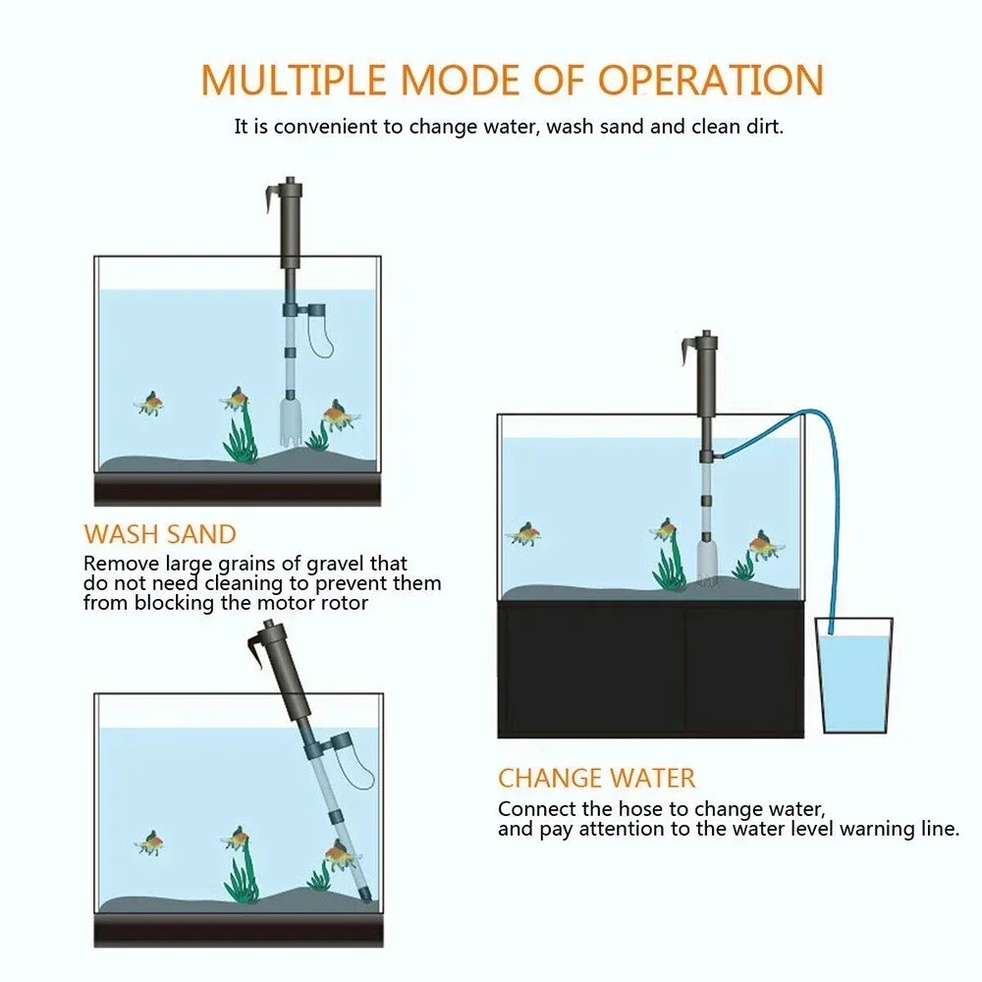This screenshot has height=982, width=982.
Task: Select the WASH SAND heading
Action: pos(160,534)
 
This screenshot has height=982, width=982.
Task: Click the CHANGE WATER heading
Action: pos(596,779)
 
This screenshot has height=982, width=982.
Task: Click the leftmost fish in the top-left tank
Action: pos(150,403)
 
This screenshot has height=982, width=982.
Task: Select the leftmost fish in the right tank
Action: pos(525,534)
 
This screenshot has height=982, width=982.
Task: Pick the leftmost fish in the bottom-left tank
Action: pos(150,843)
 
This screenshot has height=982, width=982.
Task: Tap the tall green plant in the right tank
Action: pos(670,565)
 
